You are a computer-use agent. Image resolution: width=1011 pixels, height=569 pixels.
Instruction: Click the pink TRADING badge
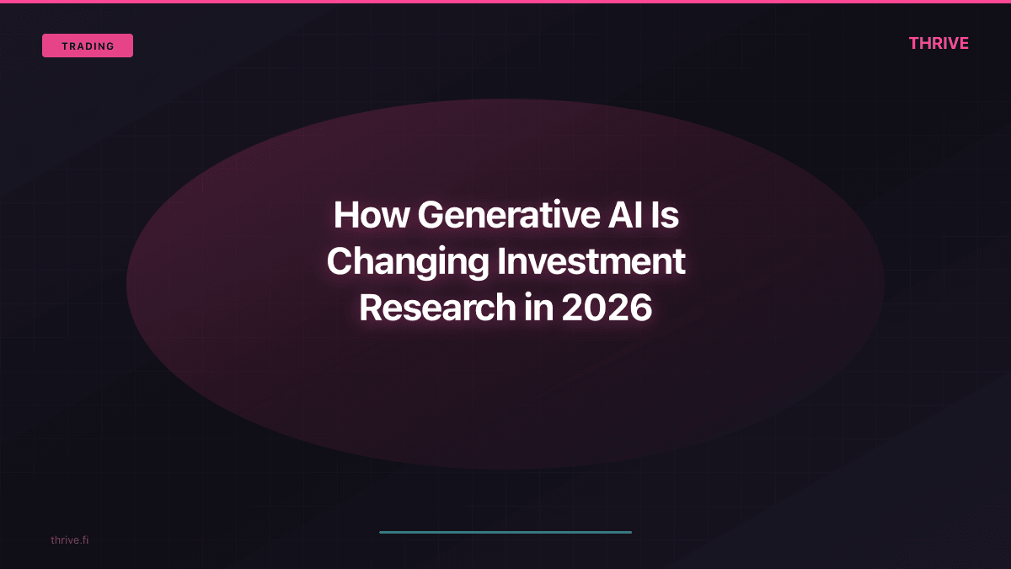(x=88, y=46)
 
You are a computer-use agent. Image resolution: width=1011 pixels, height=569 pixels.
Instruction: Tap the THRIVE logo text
(x=939, y=44)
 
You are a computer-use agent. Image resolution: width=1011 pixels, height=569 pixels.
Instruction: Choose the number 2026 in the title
(x=607, y=308)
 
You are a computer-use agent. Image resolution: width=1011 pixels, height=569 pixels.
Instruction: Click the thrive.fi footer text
(x=69, y=539)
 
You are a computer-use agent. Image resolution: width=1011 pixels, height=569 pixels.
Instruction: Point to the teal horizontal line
(x=505, y=532)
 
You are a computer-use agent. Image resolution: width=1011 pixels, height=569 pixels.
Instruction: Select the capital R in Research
(x=372, y=308)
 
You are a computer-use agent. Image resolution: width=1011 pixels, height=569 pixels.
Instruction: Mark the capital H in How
(x=345, y=215)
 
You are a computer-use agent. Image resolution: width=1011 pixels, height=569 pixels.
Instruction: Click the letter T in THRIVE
(x=914, y=44)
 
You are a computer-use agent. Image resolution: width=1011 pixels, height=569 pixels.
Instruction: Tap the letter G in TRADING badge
(x=110, y=46)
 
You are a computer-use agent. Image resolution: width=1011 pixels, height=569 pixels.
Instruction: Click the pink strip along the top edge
(x=505, y=2)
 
